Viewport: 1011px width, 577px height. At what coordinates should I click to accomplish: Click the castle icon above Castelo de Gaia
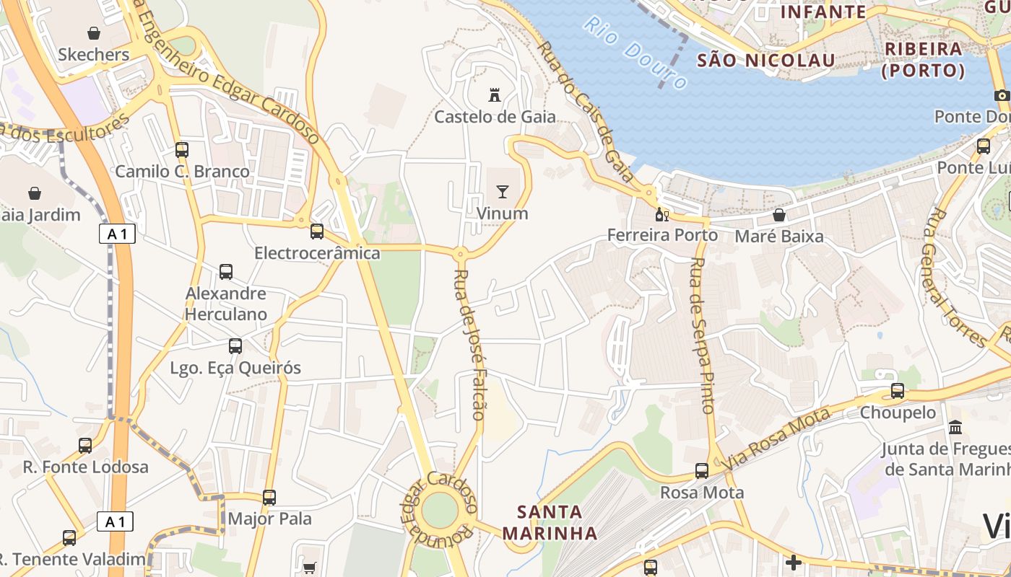(495, 94)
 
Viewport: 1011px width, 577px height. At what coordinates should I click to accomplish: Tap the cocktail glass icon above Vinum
(502, 191)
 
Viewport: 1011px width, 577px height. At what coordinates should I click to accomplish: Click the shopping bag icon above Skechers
(94, 33)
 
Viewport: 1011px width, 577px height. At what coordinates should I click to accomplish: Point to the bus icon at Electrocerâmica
(317, 232)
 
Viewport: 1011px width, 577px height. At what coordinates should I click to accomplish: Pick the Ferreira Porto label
(662, 235)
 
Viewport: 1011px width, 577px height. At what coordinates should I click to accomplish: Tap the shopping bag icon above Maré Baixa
(778, 215)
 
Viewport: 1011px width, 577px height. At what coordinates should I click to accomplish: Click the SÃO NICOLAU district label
(765, 60)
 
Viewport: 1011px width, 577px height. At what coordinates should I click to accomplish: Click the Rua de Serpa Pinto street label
(701, 335)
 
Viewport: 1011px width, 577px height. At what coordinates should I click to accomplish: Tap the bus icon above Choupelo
(898, 391)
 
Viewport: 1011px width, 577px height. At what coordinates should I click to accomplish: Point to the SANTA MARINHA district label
(550, 523)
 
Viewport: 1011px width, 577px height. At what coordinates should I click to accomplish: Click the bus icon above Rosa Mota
(702, 471)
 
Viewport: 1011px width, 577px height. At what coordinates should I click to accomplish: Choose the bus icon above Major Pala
(269, 497)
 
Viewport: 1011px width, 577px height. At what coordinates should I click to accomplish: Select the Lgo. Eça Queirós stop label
(235, 368)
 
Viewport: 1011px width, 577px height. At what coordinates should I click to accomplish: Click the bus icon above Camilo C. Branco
(182, 150)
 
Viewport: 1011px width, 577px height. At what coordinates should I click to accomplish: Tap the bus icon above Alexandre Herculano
(226, 272)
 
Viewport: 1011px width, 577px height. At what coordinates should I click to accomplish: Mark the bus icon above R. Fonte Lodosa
(85, 445)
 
